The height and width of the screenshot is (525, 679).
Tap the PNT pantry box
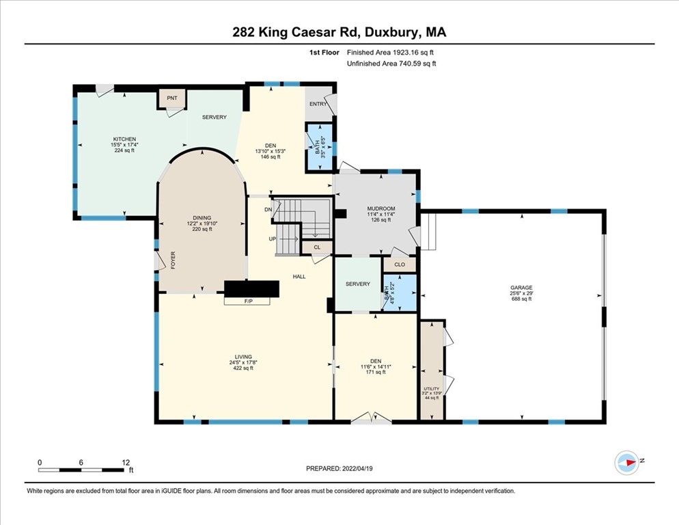172,98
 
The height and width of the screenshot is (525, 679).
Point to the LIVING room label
243,357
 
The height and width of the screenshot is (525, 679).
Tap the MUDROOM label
376,208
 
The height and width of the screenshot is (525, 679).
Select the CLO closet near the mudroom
400,264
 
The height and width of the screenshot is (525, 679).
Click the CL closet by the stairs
317,247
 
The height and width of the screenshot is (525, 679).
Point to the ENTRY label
318,104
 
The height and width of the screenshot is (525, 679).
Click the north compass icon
626,462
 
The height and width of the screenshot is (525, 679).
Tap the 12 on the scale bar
126,462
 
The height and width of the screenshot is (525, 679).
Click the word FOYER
173,260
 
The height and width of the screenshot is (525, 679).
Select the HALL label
299,277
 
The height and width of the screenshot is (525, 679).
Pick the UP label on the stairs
273,239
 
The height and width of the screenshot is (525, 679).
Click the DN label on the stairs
268,210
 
